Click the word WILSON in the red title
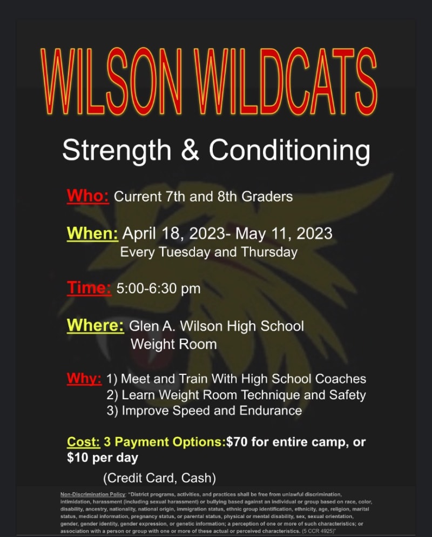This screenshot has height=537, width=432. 111,81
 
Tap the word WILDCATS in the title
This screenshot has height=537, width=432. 285,81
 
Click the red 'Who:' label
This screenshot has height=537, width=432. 88,196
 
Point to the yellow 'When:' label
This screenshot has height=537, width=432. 92,233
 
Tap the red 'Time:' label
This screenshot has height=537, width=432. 89,287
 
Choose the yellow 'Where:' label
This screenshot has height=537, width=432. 96,325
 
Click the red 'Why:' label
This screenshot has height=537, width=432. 84,378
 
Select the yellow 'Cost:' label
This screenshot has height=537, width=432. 84,442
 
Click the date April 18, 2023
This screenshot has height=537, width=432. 173,233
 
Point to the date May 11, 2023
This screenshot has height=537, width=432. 284,233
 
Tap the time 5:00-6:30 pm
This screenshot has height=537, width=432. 159,288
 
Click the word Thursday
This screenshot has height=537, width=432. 269,252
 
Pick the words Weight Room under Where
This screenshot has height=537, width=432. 173,344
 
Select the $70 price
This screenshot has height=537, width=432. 237,442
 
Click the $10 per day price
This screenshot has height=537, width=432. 103,458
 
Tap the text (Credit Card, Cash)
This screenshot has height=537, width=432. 159,478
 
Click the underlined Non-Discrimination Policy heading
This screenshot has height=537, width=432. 93,494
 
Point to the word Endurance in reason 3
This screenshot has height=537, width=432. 271,411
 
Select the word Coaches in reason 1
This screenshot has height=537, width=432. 340,379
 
